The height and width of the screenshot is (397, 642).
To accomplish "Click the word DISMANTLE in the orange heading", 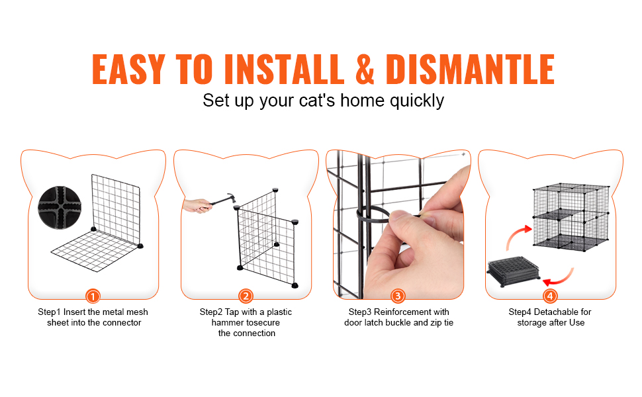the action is pyautogui.click(x=470, y=69).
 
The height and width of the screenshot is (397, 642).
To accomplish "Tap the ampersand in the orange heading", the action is pyautogui.click(x=365, y=69).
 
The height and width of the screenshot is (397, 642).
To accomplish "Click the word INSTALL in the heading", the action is pyautogui.click(x=284, y=69).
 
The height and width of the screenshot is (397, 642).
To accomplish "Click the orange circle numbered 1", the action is pyautogui.click(x=93, y=296).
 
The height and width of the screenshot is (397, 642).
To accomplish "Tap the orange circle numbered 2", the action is pyautogui.click(x=246, y=296).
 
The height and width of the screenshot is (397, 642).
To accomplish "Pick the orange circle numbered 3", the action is pyautogui.click(x=398, y=296).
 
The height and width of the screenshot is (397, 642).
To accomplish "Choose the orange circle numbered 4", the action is pyautogui.click(x=550, y=296).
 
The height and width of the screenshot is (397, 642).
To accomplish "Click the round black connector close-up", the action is pyautogui.click(x=60, y=208).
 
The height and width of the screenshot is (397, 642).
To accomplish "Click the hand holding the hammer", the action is pyautogui.click(x=197, y=206).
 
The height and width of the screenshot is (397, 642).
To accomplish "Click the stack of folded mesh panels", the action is pyautogui.click(x=514, y=271).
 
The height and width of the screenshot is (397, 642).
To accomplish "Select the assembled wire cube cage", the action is pyautogui.click(x=571, y=216).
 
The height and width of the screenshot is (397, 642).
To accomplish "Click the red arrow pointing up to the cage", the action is pyautogui.click(x=518, y=237).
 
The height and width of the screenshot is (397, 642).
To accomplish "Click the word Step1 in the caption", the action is pyautogui.click(x=49, y=312).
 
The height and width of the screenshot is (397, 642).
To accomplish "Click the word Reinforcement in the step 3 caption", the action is pyautogui.click(x=400, y=312).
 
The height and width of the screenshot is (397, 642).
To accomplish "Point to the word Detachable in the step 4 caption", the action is pyautogui.click(x=553, y=312).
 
